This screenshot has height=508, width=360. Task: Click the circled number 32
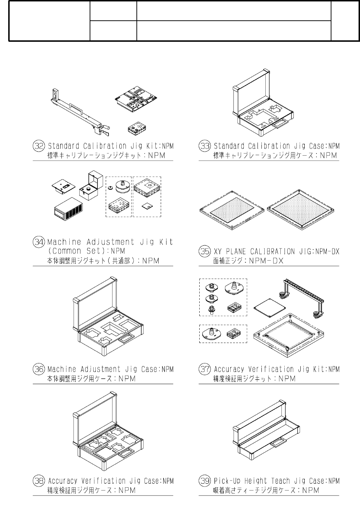point(38,146)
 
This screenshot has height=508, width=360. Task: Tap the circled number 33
point(204,146)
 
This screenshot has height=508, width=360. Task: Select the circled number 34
point(38,242)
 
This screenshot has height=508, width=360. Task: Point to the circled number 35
point(204,251)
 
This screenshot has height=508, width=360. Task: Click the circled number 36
point(38,369)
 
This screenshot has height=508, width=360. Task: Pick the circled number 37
point(204,369)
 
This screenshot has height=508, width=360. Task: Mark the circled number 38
point(38,481)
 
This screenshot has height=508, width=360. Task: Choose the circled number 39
point(204,481)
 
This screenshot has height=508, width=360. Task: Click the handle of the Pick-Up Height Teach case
point(277,443)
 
